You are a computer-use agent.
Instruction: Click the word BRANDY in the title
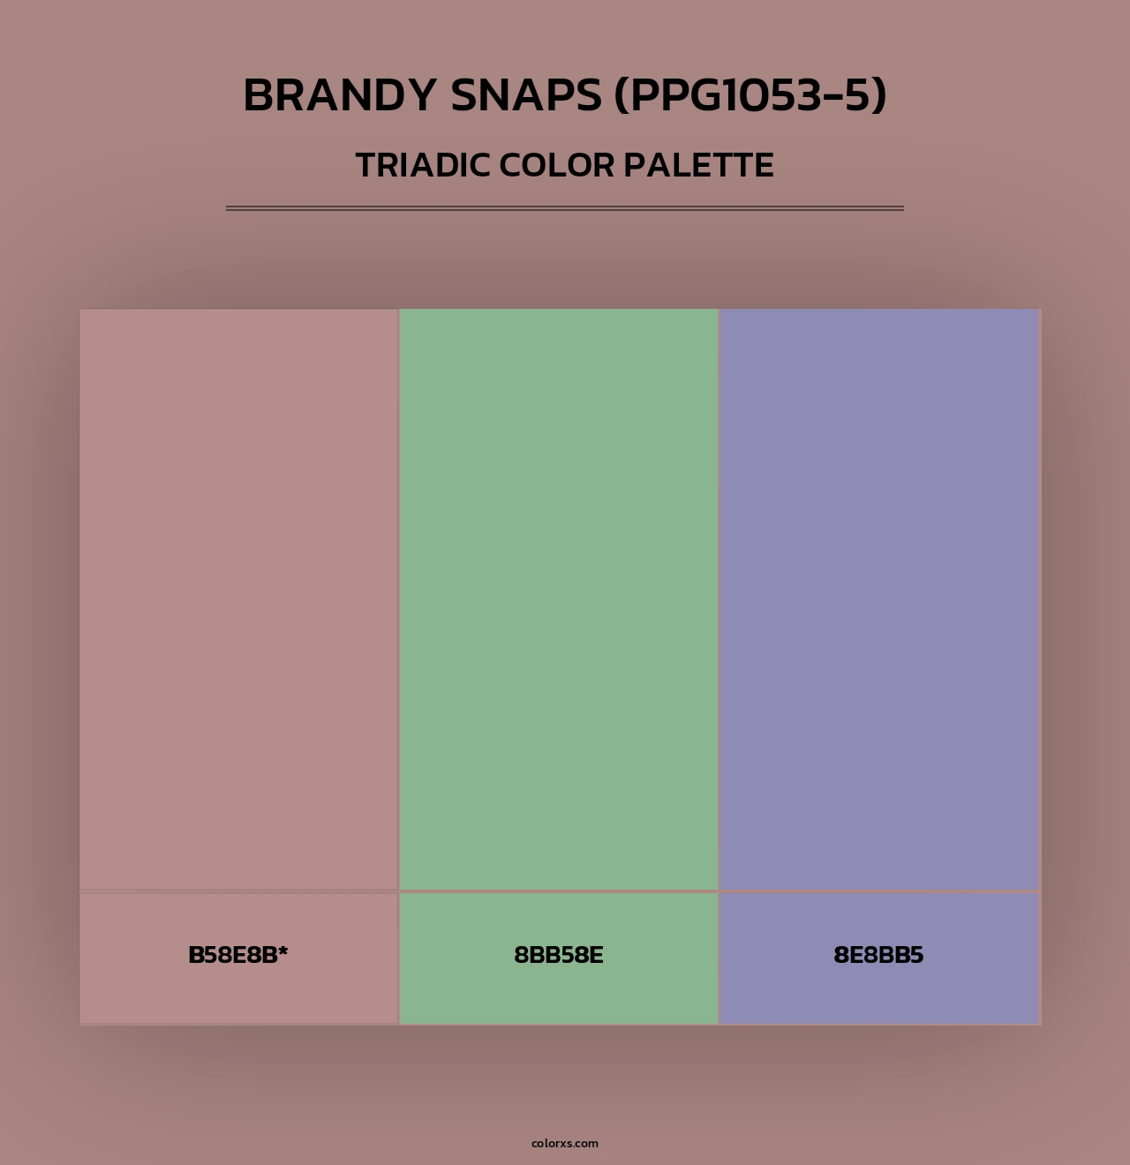(340, 95)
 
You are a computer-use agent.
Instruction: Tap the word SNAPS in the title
(526, 95)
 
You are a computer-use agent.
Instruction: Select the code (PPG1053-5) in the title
(750, 95)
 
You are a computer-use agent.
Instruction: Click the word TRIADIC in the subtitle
(422, 165)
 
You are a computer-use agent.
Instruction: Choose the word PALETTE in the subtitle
(699, 165)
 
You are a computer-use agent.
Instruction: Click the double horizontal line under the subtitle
(565, 208)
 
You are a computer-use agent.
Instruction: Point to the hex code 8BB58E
(558, 955)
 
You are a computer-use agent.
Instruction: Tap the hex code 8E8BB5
(878, 955)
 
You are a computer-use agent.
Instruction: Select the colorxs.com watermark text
(565, 1143)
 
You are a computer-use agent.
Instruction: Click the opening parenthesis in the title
(621, 95)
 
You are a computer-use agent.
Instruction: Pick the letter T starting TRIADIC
(365, 165)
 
